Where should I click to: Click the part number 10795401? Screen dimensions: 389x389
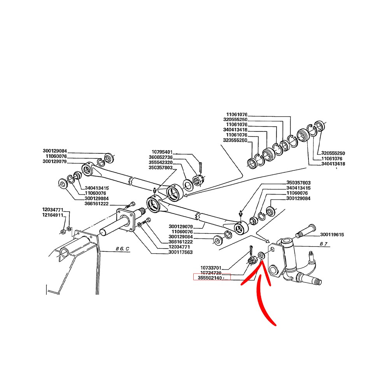(162, 152)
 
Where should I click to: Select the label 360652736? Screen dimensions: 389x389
(161, 157)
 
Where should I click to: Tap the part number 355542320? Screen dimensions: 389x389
(161, 163)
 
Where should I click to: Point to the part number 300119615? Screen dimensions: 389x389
(332, 235)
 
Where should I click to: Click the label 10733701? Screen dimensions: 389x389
(210, 268)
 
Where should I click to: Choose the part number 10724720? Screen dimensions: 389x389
(210, 273)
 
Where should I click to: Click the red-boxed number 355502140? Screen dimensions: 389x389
(210, 278)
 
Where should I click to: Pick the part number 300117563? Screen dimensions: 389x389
(180, 252)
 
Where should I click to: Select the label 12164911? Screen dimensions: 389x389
(53, 215)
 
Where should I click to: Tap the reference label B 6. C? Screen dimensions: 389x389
(122, 249)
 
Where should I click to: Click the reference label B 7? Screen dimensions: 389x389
(324, 244)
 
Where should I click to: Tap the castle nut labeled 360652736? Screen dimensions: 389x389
(198, 180)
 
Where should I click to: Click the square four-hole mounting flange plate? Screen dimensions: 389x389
(126, 221)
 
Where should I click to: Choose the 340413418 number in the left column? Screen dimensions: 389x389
(235, 130)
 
